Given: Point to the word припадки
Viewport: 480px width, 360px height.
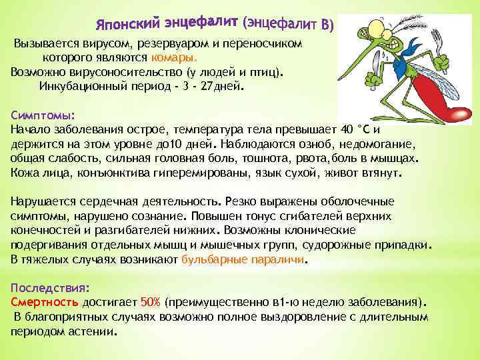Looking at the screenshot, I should (407, 244).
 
